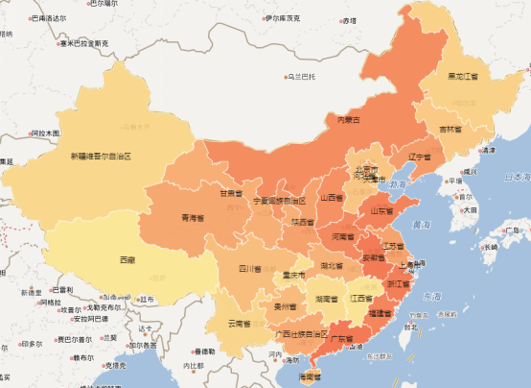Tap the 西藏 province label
coord(127,260)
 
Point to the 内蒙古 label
coord(348,120)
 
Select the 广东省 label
coord(343,338)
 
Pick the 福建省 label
coord(380,313)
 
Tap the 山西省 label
coord(332,198)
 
